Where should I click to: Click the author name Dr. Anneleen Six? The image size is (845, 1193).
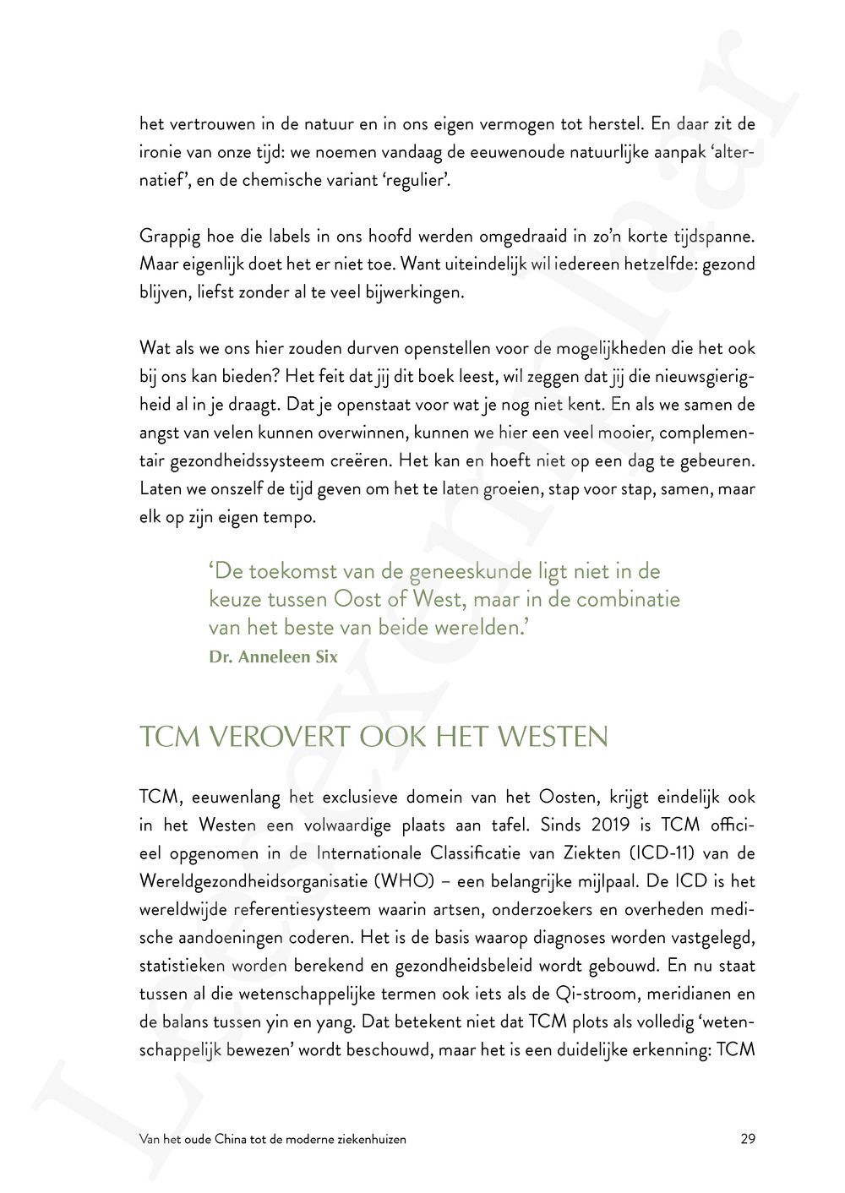click(x=273, y=657)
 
